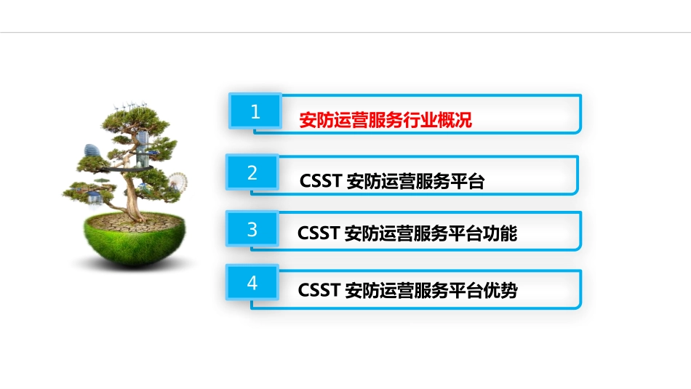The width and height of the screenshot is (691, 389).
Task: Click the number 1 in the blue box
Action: (255, 111)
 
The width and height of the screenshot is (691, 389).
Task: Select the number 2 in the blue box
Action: (252, 173)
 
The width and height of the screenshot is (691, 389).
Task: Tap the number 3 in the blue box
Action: (252, 230)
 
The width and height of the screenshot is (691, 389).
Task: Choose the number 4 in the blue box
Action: (252, 284)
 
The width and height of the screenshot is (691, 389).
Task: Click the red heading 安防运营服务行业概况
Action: (386, 120)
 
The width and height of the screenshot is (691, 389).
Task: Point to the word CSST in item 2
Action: (321, 182)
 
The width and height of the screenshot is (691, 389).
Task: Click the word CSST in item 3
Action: (319, 234)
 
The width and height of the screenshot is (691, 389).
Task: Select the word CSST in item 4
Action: (319, 290)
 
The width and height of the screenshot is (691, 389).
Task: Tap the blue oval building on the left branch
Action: (92, 153)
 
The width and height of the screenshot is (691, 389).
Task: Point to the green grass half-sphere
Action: (131, 244)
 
